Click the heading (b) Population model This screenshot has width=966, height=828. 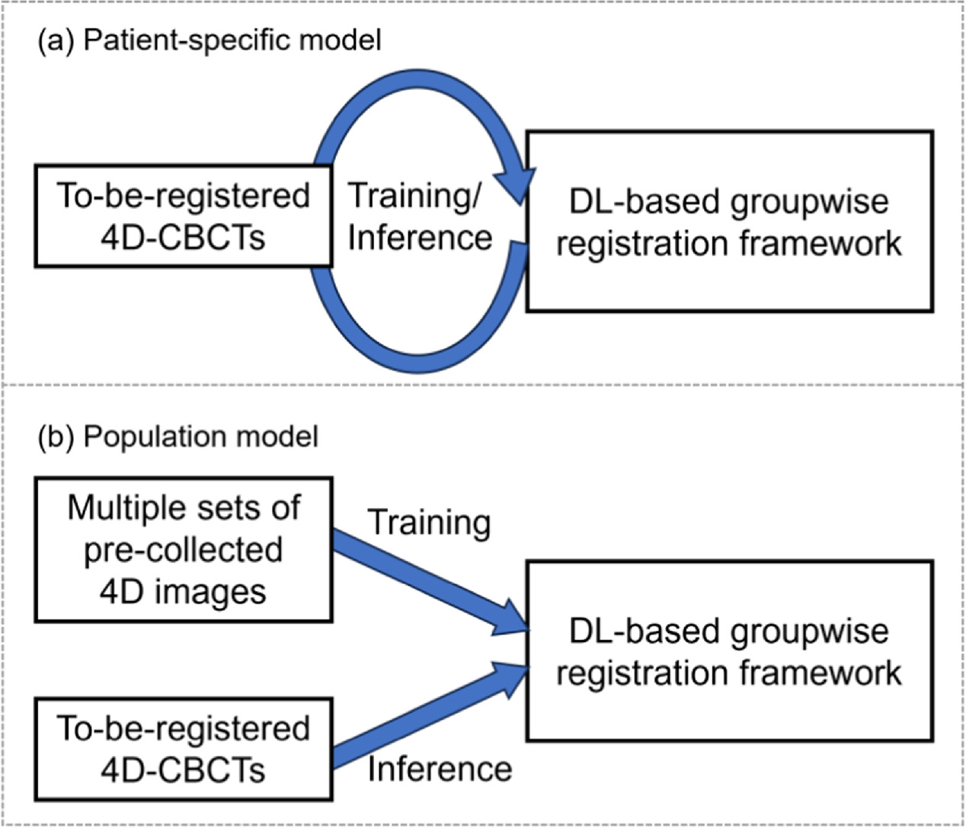click(178, 436)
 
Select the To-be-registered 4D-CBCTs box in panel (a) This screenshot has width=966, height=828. click(183, 217)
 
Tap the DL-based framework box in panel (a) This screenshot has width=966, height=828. click(729, 222)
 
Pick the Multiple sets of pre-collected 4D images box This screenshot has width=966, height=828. click(183, 549)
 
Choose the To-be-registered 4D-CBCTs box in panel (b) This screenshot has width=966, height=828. click(183, 749)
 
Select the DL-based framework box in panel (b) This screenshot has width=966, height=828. click(729, 651)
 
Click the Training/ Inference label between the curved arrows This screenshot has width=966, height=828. click(420, 217)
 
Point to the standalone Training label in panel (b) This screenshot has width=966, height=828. click(429, 523)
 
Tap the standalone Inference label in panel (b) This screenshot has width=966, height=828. click(440, 769)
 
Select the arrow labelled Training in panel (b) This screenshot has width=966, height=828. click(427, 583)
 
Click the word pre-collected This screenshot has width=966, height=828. click(183, 550)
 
